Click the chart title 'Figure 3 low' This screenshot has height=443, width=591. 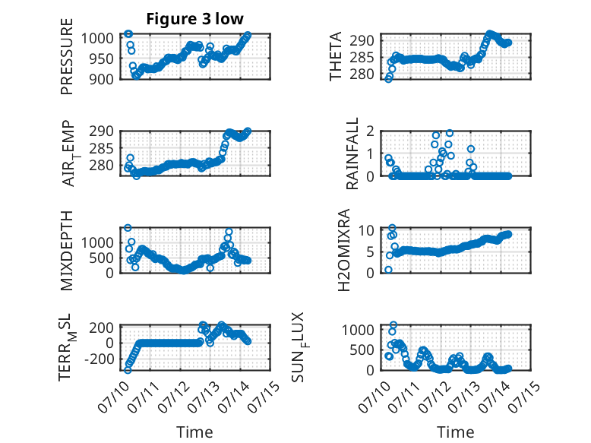pyautogui.click(x=195, y=19)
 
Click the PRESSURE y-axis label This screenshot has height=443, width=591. pyautogui.click(x=66, y=56)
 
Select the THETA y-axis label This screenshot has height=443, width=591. pyautogui.click(x=335, y=56)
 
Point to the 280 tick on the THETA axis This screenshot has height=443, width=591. pyautogui.click(x=362, y=74)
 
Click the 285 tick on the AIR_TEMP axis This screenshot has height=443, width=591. pyautogui.click(x=101, y=148)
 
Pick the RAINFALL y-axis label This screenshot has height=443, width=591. pyautogui.click(x=352, y=153)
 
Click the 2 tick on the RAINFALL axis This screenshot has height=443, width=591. pyautogui.click(x=370, y=131)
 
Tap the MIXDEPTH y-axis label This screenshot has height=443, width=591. pyautogui.click(x=66, y=251)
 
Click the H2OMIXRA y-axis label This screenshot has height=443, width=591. pyautogui.click(x=344, y=250)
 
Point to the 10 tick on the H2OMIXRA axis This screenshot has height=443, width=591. pyautogui.click(x=366, y=230)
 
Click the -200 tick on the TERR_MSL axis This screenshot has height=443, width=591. pyautogui.click(x=99, y=359)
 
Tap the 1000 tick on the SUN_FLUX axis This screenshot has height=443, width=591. pyautogui.click(x=358, y=330)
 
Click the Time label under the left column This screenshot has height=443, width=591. pyautogui.click(x=195, y=432)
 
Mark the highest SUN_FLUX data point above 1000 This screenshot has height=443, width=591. pyautogui.click(x=393, y=325)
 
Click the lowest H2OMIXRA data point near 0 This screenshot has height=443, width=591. pyautogui.click(x=388, y=270)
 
